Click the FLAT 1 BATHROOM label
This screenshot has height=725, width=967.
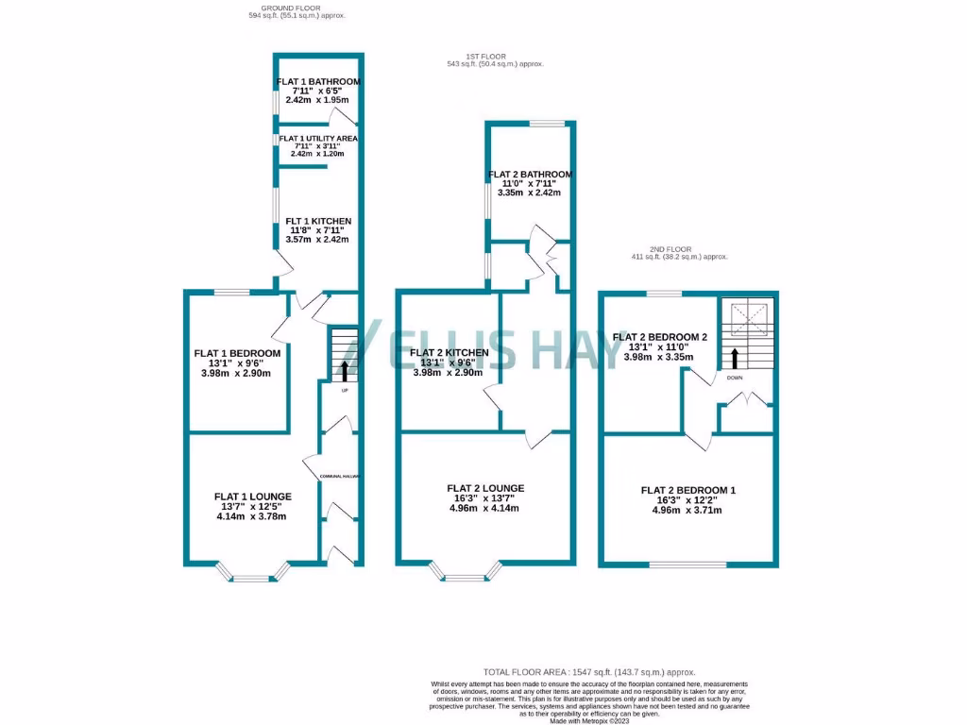point(318,82)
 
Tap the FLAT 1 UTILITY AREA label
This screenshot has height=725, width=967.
point(318,138)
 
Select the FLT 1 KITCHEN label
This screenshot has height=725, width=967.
point(318,221)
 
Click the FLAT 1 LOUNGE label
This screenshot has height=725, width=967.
point(252,497)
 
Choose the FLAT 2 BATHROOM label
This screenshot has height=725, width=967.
point(530,175)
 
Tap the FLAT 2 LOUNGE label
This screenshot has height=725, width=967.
point(485,488)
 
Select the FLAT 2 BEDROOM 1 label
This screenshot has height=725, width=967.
point(688,490)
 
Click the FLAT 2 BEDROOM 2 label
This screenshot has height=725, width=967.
point(660,336)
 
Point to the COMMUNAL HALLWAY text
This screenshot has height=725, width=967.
point(341,477)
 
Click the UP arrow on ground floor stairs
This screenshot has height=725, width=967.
point(344,369)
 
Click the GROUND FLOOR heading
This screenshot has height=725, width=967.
point(278,8)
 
